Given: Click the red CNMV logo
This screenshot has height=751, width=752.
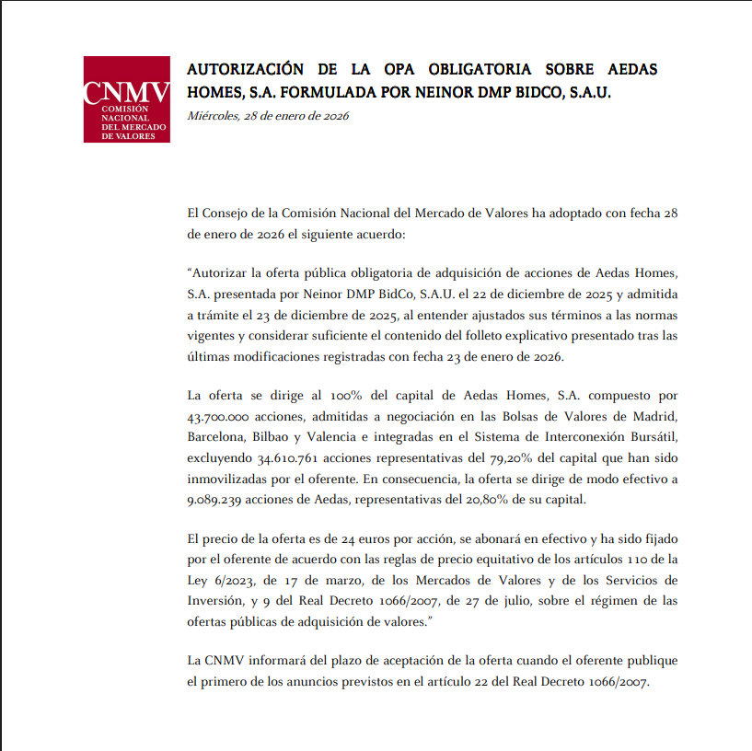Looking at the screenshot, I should (126, 99).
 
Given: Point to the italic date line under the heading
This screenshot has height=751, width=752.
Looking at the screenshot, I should (268, 116).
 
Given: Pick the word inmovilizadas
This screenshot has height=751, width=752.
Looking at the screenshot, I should (226, 479).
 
